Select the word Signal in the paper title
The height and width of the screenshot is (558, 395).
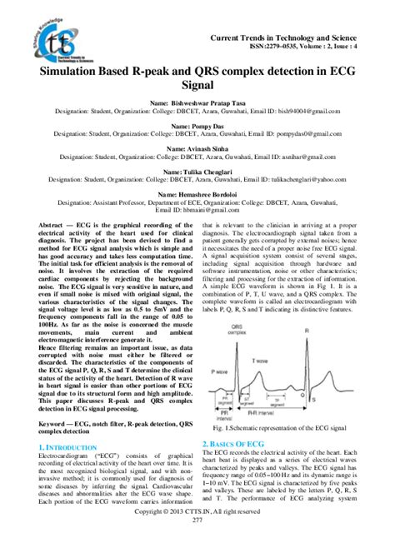tap(197, 85)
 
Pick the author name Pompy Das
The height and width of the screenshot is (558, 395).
tap(197, 125)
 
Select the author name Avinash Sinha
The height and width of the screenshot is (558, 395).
tap(197, 148)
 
